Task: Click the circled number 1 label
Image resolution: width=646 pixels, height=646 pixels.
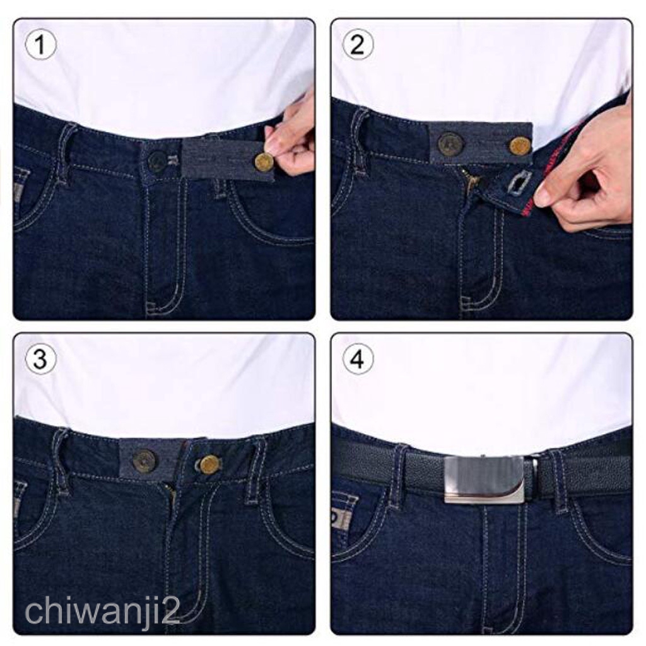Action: point(40,45)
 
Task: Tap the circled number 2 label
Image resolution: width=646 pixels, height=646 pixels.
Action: point(358,45)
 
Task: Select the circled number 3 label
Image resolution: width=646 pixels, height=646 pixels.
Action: point(40,359)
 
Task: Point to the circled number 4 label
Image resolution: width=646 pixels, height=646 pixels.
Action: point(358,359)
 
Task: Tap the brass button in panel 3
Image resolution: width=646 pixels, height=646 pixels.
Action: point(209,465)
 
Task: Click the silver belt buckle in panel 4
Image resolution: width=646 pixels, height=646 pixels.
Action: point(484,479)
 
